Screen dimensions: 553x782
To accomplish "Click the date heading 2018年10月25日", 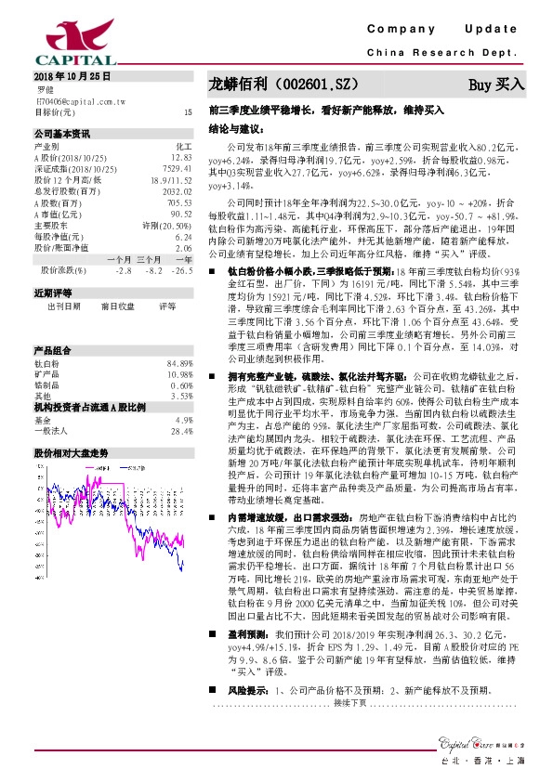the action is pos(72,74).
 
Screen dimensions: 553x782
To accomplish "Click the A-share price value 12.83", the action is pos(181,158).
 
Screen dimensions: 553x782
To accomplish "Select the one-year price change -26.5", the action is pos(182,270).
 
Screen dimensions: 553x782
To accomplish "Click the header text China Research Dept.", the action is pos(441,54).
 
